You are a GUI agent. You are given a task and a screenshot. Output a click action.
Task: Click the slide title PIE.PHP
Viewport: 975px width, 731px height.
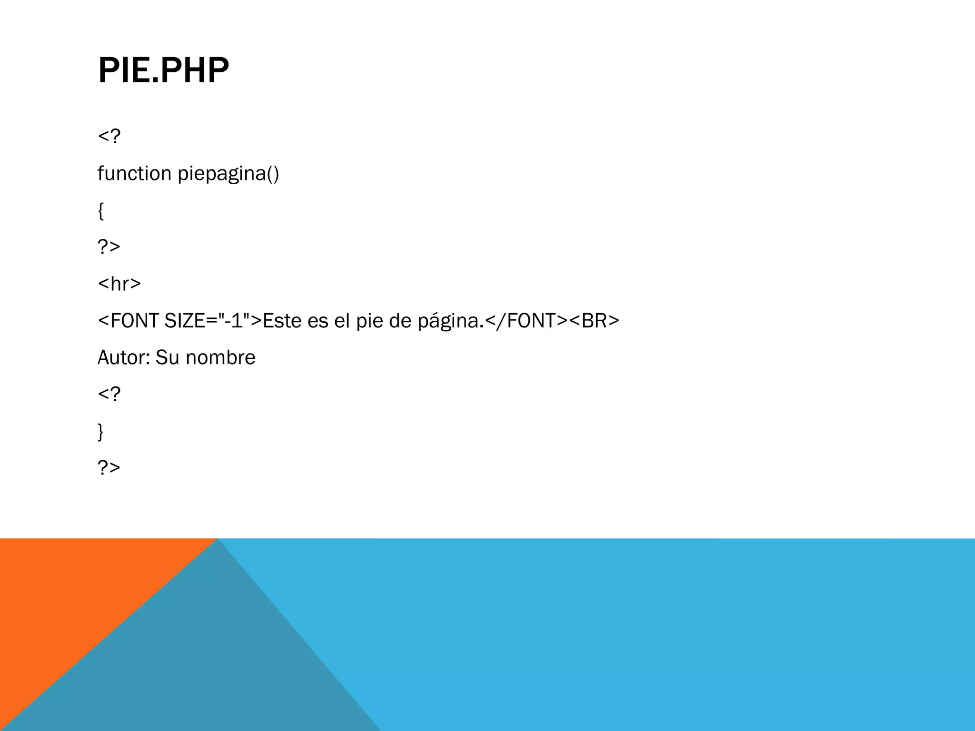click(163, 70)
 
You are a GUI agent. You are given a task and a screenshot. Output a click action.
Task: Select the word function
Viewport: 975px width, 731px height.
click(134, 173)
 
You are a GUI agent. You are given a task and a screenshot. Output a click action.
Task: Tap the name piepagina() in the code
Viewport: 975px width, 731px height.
click(228, 174)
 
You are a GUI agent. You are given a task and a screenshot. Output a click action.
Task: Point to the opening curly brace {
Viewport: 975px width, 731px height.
click(100, 210)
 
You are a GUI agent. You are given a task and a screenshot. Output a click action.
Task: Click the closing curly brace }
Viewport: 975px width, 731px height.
click(100, 432)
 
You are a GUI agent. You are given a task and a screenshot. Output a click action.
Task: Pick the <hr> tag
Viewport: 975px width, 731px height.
click(119, 284)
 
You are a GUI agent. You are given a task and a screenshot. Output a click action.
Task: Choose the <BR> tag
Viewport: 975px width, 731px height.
click(594, 321)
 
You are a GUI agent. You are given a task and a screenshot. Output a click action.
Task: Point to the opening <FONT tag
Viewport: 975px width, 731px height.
click(128, 321)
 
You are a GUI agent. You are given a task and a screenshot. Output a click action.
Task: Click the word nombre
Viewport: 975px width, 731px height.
click(220, 358)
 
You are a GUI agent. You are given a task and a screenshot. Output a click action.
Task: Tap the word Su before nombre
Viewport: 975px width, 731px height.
click(167, 358)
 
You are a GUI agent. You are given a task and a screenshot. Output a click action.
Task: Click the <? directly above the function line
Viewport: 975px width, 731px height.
click(109, 137)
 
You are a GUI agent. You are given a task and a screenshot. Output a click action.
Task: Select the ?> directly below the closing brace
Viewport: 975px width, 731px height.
click(109, 468)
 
